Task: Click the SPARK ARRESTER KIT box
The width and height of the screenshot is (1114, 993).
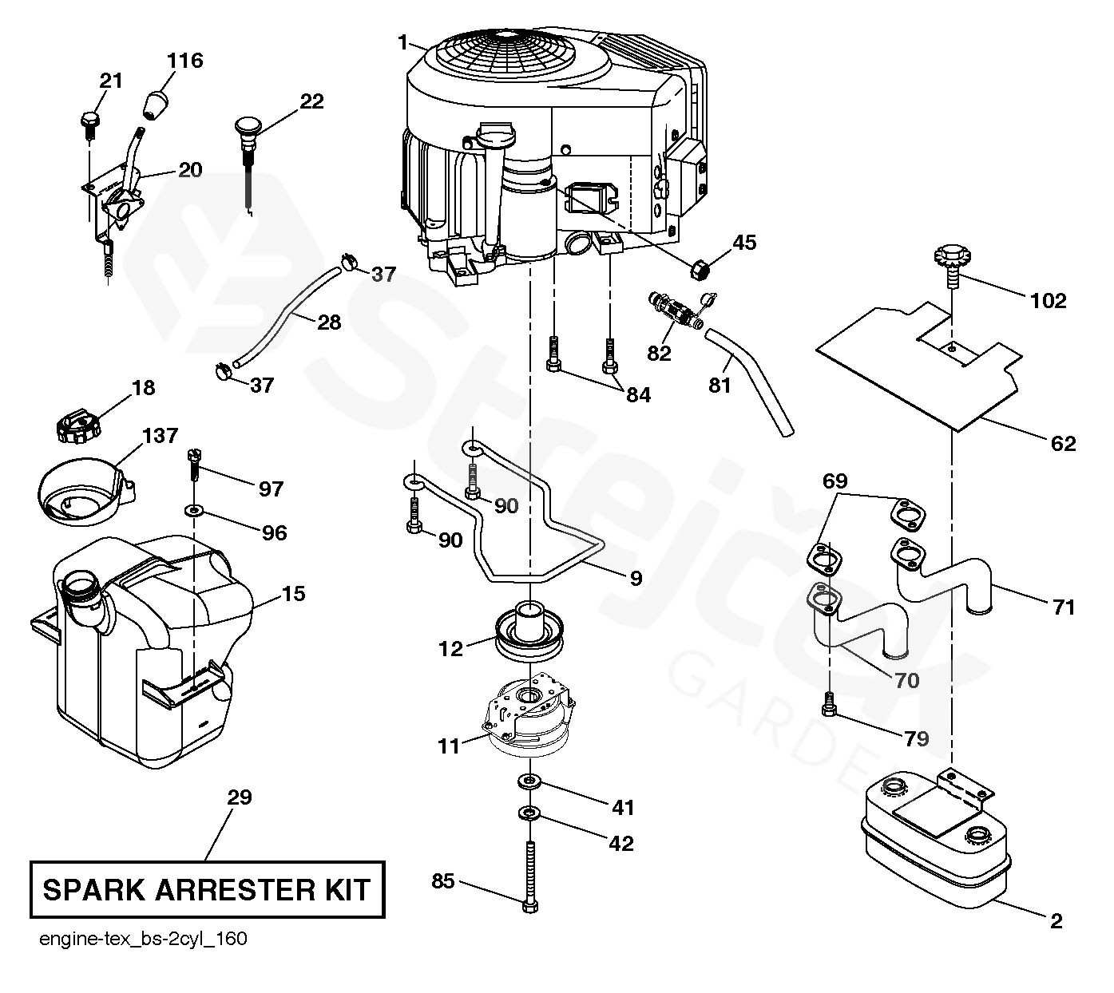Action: [x=207, y=888]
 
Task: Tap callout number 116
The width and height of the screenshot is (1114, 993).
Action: [x=184, y=61]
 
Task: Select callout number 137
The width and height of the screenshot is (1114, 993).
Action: [x=160, y=436]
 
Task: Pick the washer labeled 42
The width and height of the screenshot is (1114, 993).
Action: [x=529, y=813]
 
